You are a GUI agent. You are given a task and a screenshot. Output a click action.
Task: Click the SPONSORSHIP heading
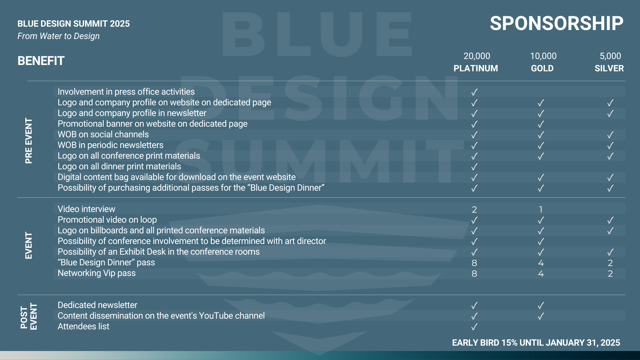556,23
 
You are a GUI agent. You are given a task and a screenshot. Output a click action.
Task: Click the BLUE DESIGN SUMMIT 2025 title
74,24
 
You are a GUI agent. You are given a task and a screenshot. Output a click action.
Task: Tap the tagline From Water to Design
59,36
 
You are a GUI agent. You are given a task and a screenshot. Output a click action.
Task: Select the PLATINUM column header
476,68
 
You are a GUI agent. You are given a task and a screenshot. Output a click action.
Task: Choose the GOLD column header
542,68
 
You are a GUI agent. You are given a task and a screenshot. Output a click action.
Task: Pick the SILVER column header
609,68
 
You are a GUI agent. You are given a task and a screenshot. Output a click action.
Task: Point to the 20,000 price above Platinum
477,56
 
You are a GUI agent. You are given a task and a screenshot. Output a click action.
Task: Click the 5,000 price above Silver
610,56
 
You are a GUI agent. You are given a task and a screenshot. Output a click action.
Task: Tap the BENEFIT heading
41,61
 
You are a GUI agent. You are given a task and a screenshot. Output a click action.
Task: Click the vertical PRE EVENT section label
29,141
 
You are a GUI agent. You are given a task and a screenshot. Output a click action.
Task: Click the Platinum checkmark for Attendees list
474,327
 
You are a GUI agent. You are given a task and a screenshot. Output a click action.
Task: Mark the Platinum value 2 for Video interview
474,209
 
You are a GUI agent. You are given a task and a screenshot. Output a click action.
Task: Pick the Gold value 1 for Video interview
541,209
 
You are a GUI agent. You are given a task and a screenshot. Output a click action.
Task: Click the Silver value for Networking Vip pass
610,273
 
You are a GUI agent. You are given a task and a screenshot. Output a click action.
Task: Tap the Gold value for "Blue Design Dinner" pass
541,263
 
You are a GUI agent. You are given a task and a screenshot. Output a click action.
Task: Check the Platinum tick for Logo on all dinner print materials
474,167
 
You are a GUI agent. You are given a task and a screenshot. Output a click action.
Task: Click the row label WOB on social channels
103,134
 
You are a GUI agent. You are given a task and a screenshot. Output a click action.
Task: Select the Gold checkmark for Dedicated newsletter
541,305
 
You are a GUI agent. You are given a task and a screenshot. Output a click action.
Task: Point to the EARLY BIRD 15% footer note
536,343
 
